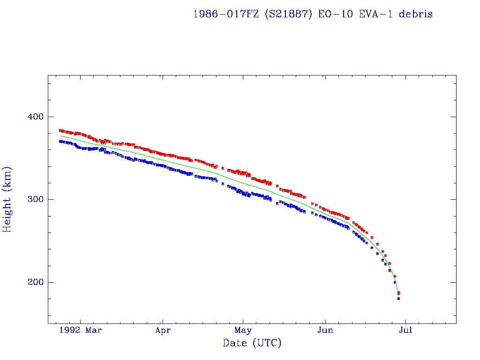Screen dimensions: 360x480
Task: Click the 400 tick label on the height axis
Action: [x=32, y=117]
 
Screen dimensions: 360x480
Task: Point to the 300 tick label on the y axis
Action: [x=32, y=199]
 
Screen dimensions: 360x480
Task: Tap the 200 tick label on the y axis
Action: [x=32, y=282]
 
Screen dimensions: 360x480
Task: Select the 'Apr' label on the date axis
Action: [x=163, y=330]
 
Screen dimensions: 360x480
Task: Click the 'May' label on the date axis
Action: [x=243, y=330]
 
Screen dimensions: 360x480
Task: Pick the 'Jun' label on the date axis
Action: [x=325, y=330]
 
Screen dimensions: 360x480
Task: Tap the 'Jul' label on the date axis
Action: [x=405, y=330]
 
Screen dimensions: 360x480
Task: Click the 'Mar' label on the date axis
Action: [x=94, y=330]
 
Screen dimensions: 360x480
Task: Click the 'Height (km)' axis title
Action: [x=8, y=199]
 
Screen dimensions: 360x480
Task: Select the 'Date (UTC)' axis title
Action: [x=252, y=344]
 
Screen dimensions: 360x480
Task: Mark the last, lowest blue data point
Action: [x=398, y=299]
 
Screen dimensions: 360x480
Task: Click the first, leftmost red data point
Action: [x=60, y=130]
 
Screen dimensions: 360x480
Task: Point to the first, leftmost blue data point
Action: [x=60, y=141]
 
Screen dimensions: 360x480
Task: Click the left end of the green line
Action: [x=60, y=136]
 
